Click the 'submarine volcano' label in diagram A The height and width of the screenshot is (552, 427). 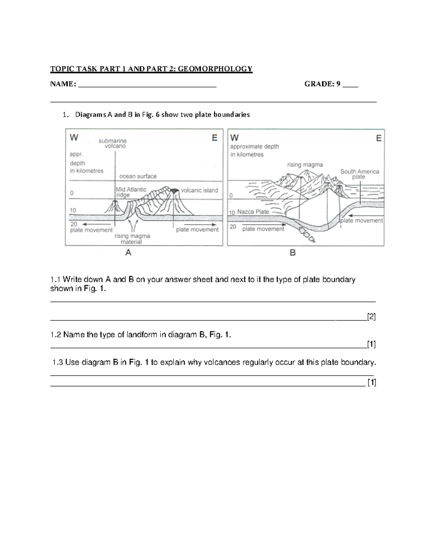click(113, 143)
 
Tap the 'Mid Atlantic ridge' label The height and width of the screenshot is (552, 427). click(131, 192)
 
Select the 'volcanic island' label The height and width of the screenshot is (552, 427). click(199, 191)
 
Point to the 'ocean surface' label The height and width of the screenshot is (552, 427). click(138, 176)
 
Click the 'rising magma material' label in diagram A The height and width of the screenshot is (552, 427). click(132, 239)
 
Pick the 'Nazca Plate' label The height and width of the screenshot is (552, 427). click(253, 212)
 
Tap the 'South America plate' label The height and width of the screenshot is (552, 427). click(359, 174)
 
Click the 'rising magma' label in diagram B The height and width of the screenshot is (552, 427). click(305, 165)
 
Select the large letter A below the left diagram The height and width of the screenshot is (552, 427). click(128, 253)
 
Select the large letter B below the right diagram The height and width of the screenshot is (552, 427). click(292, 253)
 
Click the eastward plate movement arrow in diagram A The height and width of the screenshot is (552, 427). click(201, 225)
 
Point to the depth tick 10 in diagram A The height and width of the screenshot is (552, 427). click(73, 210)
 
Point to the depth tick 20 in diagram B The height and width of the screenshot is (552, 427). click(233, 227)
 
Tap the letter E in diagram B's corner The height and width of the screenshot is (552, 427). click(379, 138)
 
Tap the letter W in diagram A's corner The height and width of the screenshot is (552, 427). click(74, 138)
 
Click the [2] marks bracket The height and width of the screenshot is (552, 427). click(371, 317)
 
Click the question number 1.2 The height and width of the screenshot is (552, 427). click(56, 335)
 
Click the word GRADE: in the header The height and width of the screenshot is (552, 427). click(319, 84)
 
